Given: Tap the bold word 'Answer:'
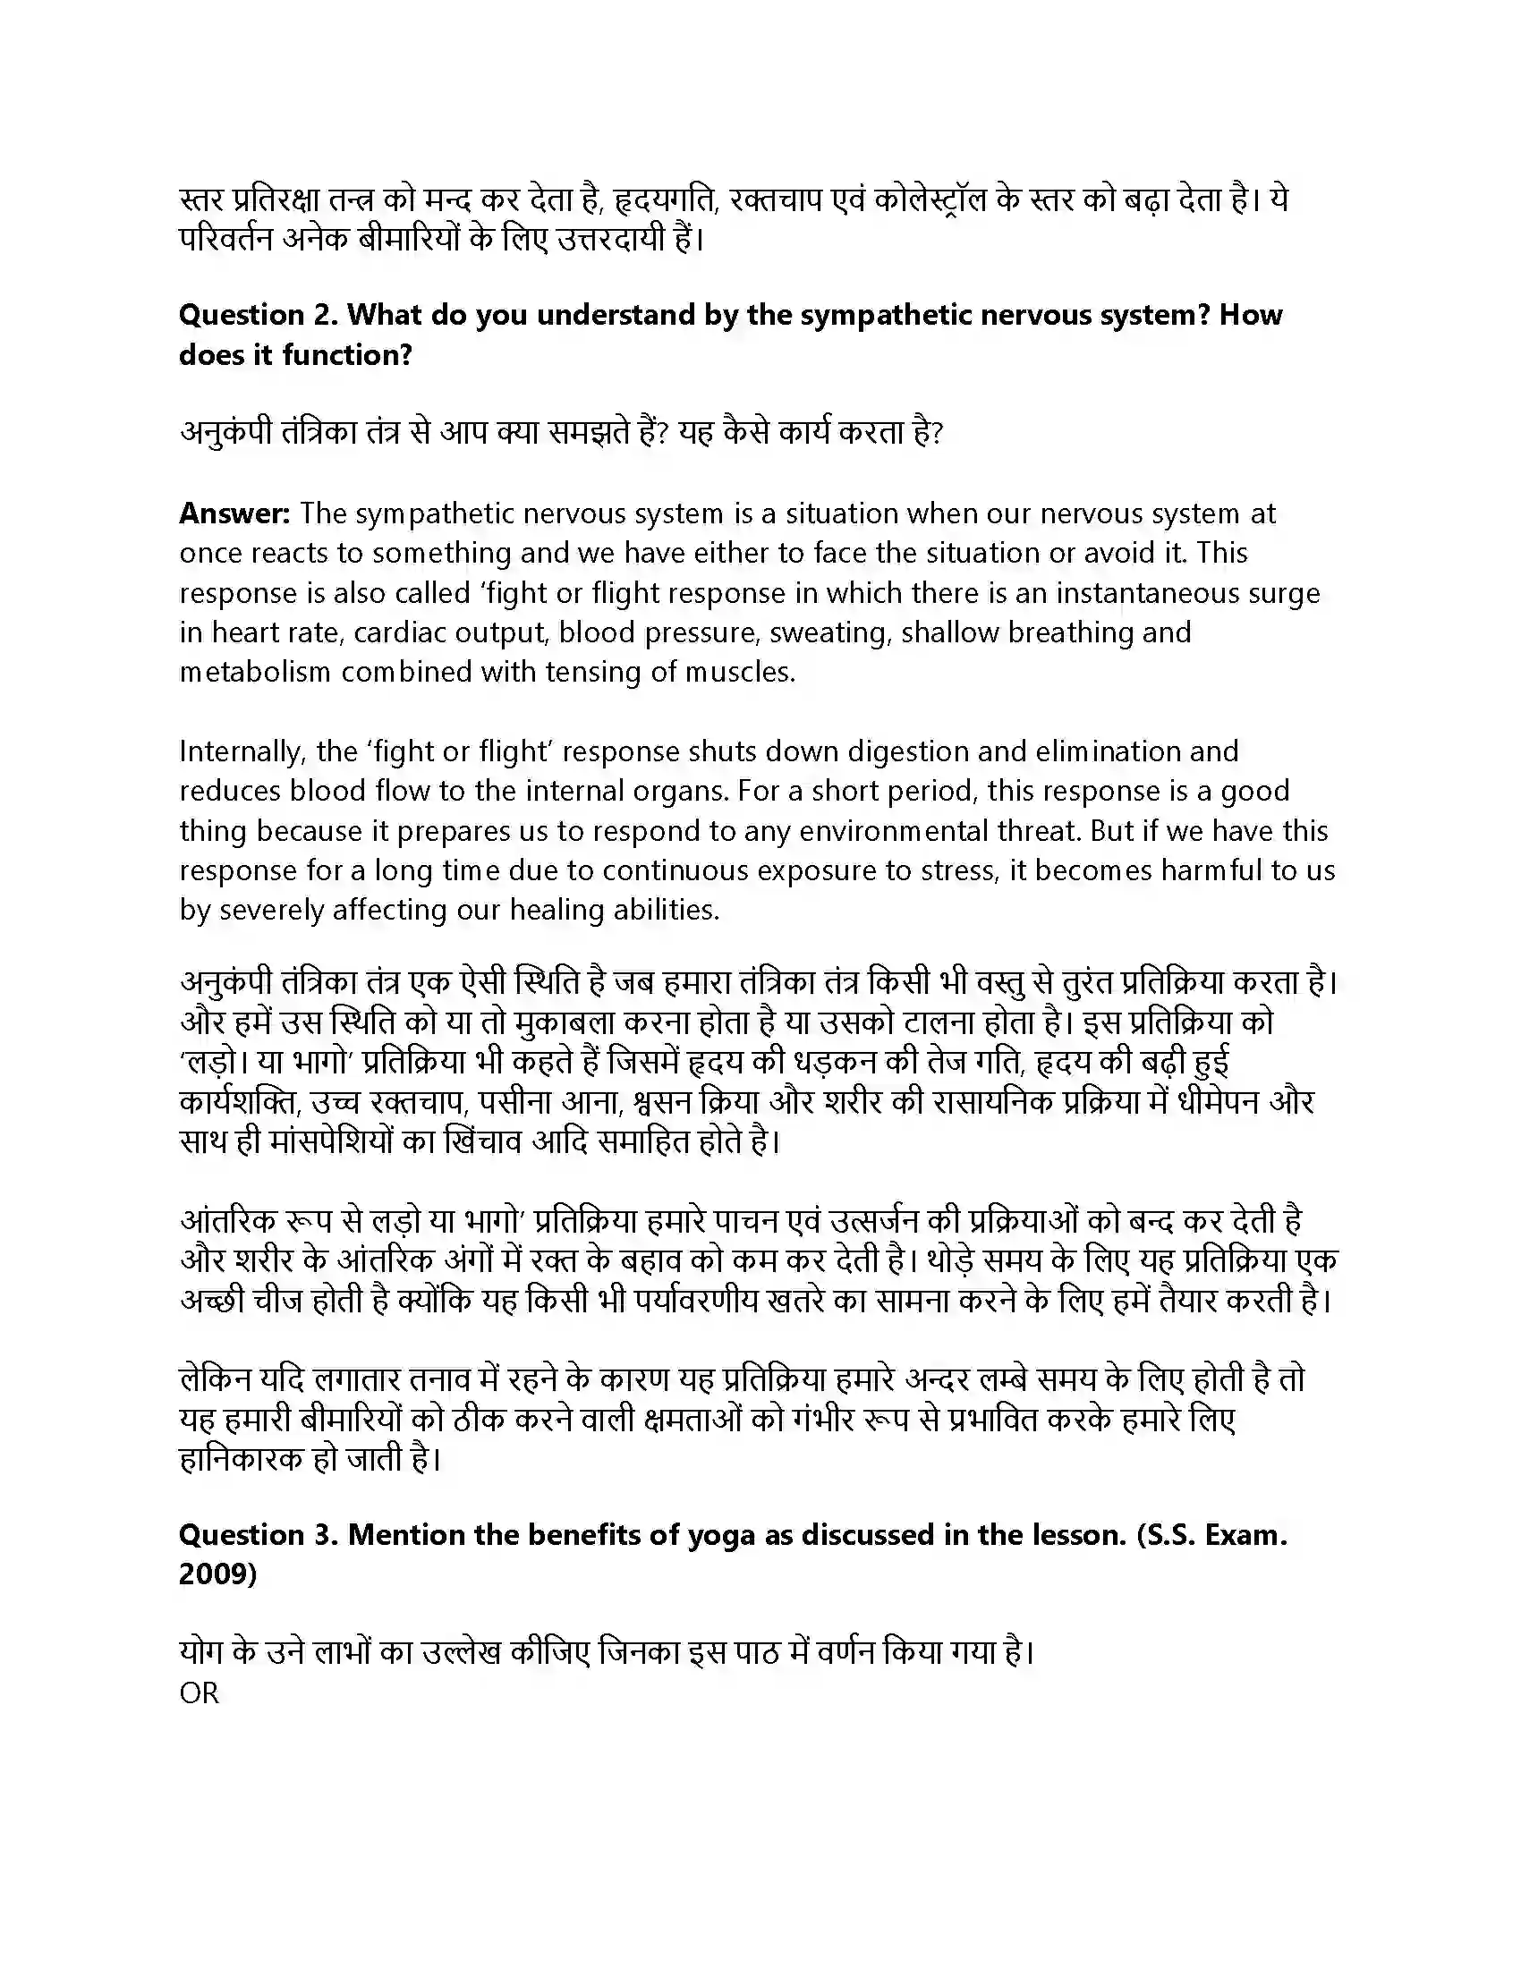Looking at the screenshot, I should (x=234, y=513).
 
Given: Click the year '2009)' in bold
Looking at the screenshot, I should (x=217, y=1574).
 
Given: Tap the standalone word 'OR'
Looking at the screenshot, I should (x=200, y=1693).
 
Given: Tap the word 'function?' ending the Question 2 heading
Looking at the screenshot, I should (x=347, y=355).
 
